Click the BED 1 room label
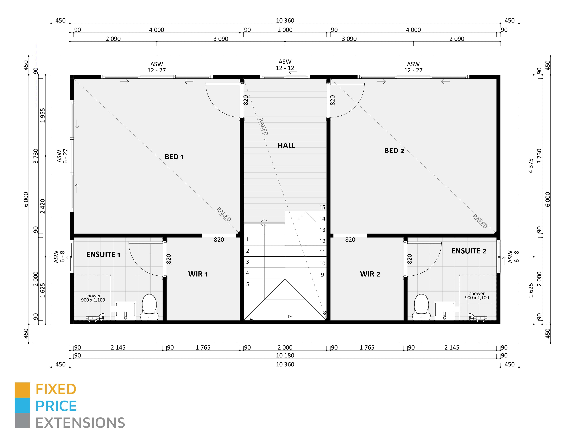click(174, 157)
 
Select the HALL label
click(286, 145)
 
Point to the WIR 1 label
click(198, 274)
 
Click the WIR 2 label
click(370, 274)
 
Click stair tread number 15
click(322, 207)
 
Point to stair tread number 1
click(247, 239)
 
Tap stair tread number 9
click(322, 275)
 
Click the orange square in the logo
click(22, 390)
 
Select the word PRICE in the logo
click(56, 406)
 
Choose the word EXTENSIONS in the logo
click(80, 423)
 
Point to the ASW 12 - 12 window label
click(285, 65)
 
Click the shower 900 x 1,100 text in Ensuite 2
click(477, 295)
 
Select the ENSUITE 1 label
click(103, 255)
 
